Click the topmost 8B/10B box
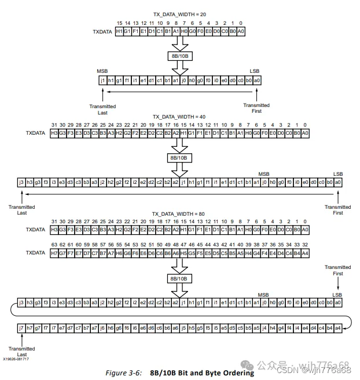pos(179,56)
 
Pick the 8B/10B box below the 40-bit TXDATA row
pos(179,157)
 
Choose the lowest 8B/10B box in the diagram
pos(179,278)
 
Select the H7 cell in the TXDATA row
pos(54,253)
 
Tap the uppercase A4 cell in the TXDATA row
pos(305,253)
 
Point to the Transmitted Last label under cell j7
pos(22,352)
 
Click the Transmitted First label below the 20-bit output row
pos(256,108)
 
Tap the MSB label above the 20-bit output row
pos(102,72)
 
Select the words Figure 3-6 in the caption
pos(126,372)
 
